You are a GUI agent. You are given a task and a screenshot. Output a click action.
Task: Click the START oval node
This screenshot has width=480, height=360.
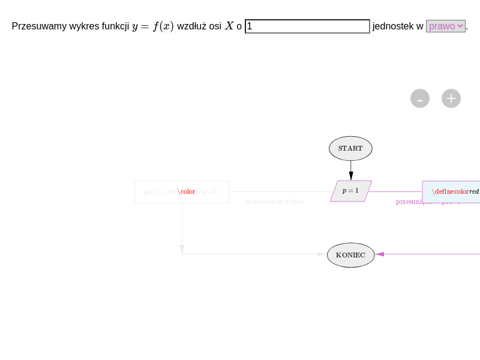point(350,148)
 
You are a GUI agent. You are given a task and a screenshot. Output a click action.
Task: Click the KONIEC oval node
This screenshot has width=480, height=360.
point(350,255)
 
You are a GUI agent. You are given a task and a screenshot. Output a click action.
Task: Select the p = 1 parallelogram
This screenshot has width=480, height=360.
point(351,191)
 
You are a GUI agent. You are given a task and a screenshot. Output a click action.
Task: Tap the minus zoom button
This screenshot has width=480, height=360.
point(420,98)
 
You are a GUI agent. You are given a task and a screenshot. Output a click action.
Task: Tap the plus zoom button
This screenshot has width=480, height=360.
point(451,98)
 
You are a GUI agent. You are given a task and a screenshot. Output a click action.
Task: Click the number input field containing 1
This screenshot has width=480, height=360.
point(307,26)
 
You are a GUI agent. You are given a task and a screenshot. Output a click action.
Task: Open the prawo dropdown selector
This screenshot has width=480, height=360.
point(446,26)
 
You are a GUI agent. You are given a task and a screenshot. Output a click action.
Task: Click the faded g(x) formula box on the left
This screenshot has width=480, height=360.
point(182,192)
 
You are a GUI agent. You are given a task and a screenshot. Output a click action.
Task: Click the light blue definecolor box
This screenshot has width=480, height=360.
point(451,192)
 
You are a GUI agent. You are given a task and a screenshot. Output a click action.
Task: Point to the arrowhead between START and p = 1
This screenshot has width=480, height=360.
point(351,175)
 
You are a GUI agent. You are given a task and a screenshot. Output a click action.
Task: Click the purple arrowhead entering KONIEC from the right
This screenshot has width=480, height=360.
point(380,254)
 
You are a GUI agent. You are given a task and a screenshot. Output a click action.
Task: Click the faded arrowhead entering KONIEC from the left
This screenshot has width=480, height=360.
point(322,254)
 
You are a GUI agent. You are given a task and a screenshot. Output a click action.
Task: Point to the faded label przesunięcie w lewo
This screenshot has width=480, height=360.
point(275,202)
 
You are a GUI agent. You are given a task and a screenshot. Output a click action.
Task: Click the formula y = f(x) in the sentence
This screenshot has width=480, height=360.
point(153,26)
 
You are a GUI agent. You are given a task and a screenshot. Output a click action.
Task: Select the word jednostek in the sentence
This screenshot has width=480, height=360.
point(393,26)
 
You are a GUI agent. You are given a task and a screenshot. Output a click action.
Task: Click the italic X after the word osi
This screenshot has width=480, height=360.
point(229,26)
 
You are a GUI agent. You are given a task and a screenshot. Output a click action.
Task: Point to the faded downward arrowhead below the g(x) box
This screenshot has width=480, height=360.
point(182,248)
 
